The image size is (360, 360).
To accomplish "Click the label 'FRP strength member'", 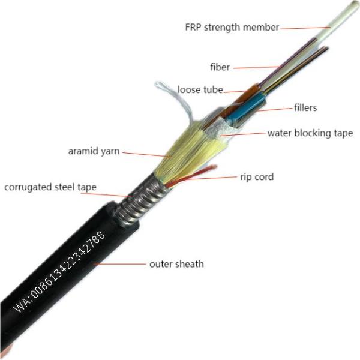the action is point(232,28).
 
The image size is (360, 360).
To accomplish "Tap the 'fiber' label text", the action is point(220,67).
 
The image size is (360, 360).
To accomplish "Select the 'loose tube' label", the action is point(200,89).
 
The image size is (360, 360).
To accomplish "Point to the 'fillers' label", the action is point(305,107).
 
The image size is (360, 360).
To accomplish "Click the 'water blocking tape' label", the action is point(310,133).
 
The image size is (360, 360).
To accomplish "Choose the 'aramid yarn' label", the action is point(94,151).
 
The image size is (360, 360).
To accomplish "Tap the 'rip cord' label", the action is point(257,177).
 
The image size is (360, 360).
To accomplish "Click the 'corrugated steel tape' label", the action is point(50,187).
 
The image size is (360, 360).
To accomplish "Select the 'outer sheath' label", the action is point(176,264).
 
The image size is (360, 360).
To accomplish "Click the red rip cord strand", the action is point(191,176).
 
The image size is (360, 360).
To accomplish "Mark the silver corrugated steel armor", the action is point(140,200).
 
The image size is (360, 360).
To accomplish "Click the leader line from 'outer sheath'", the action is point(119,264).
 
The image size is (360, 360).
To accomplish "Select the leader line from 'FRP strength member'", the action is point(305,28).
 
